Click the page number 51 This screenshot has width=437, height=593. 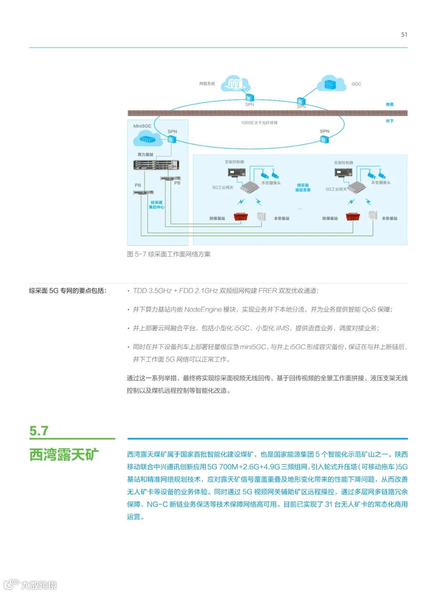(404, 35)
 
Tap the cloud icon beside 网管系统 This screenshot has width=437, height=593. (235, 83)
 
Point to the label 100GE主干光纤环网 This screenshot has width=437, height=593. (259, 123)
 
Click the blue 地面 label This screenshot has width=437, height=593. (389, 104)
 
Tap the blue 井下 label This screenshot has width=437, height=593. (389, 121)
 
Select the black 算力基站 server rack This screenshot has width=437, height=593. (156, 165)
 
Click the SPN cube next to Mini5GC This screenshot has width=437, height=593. (171, 140)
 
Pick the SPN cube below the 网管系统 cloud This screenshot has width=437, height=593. (249, 98)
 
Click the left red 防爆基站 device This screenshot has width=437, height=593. (240, 218)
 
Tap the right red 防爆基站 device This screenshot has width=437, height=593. (353, 217)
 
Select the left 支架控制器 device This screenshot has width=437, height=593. (236, 172)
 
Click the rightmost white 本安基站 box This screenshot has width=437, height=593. (372, 215)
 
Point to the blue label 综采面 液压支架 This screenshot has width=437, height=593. (303, 187)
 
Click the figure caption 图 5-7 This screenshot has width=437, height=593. (169, 254)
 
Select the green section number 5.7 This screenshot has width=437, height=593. (39, 431)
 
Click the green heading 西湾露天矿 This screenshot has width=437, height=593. (64, 455)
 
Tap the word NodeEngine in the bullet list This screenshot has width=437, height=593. (203, 310)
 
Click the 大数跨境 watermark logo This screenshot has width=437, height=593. (30, 584)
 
